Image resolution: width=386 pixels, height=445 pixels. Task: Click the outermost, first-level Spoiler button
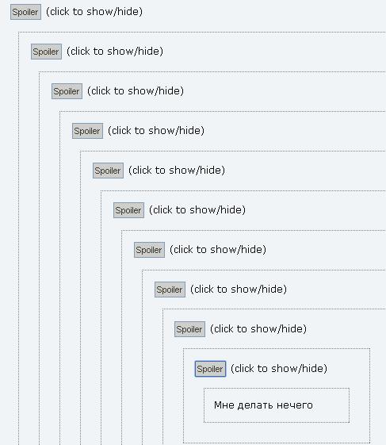pos(25,12)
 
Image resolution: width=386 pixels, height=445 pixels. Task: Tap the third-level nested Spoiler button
pos(67,91)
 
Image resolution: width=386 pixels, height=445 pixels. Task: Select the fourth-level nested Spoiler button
pos(87,131)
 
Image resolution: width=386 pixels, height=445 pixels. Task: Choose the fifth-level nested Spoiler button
pos(108,171)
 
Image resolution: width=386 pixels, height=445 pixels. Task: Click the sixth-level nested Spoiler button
pos(128,210)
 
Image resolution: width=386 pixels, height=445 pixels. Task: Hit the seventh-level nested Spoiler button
pos(149,250)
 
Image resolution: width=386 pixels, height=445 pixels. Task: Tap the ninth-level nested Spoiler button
pos(189,329)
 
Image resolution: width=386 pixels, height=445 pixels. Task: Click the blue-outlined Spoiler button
pos(211,369)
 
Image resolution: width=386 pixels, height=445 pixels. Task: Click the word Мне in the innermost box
pos(224,405)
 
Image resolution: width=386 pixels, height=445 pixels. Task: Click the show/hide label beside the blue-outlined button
pos(279,369)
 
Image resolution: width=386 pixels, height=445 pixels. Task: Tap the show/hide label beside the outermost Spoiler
pos(94,12)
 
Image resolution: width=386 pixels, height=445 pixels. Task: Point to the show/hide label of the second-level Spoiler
pos(115,52)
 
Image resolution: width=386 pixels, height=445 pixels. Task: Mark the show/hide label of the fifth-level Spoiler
pos(177,171)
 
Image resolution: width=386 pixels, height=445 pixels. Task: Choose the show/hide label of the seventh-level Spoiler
pos(218,249)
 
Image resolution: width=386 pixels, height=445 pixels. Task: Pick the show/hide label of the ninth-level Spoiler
pos(258,329)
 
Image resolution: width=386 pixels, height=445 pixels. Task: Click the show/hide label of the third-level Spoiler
pos(136,91)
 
